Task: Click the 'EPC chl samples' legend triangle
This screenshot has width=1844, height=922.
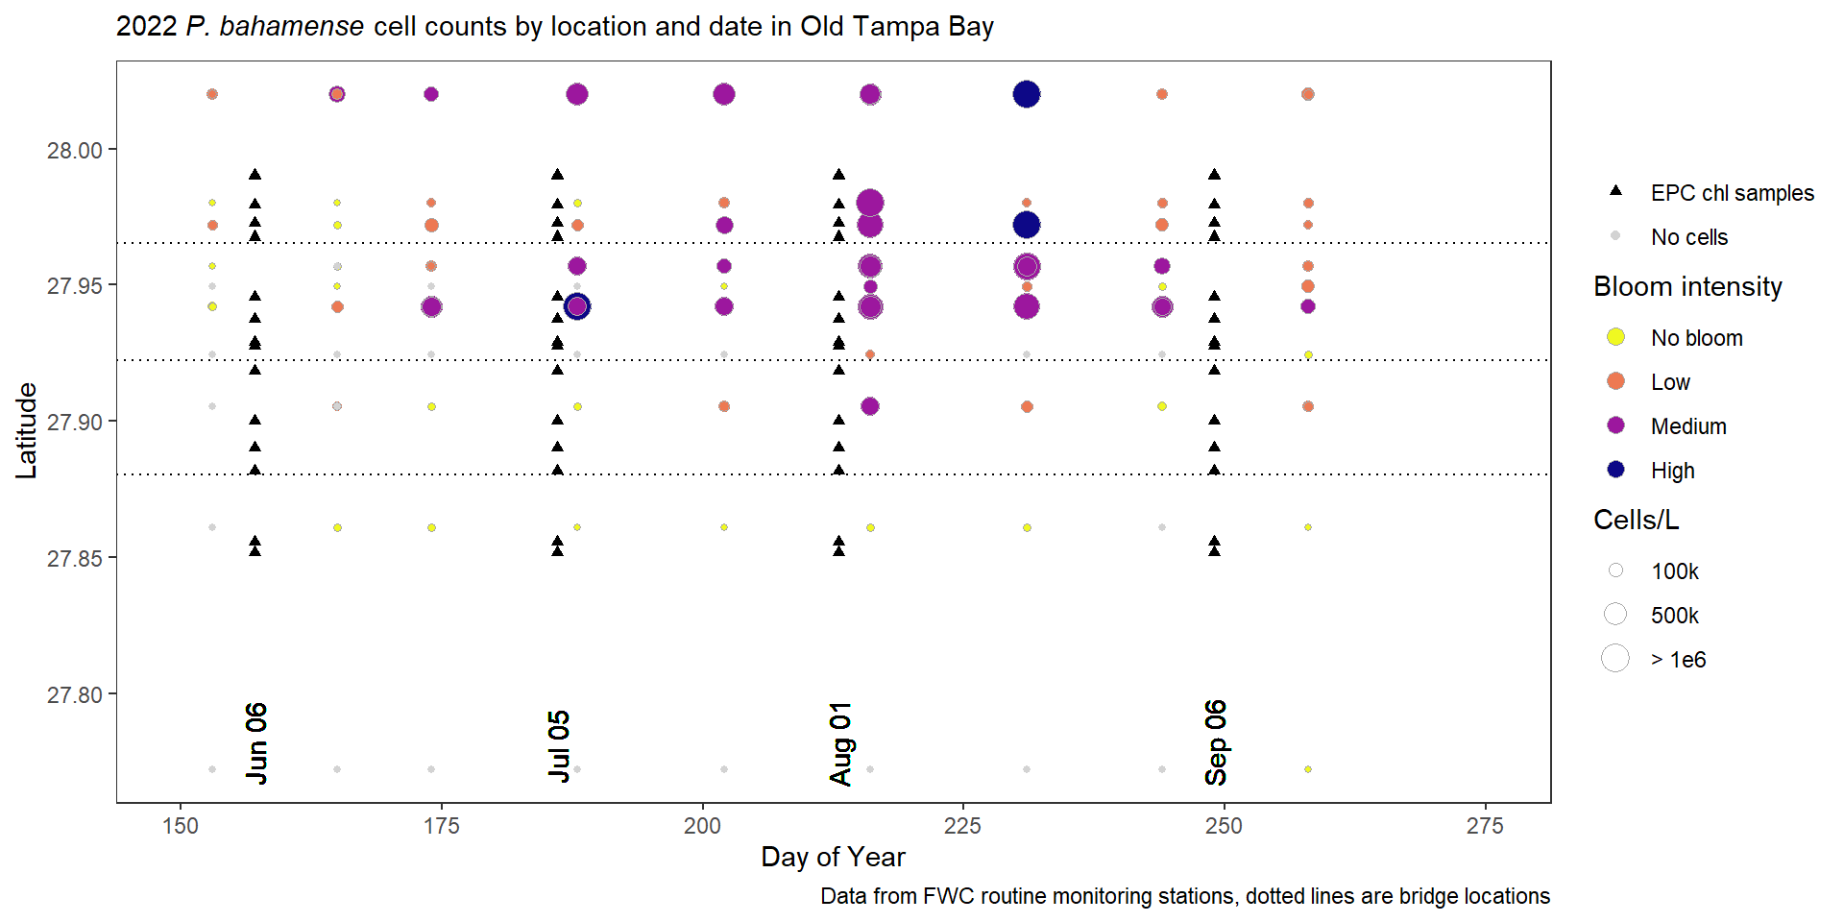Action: click(1615, 191)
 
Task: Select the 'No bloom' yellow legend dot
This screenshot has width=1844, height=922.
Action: click(1615, 337)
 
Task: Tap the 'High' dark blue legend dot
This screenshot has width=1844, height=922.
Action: click(1615, 470)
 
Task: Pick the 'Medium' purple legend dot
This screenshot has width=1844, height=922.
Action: click(1615, 425)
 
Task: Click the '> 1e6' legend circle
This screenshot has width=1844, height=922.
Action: click(1615, 659)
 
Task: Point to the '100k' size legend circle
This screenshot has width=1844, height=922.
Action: click(1615, 570)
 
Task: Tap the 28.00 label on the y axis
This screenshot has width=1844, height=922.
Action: click(75, 151)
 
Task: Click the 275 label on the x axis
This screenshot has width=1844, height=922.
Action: click(1485, 826)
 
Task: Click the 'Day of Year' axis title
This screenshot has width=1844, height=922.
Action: click(833, 857)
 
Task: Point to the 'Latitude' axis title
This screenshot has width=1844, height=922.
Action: click(27, 430)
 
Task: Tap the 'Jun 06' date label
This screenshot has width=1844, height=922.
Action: click(256, 742)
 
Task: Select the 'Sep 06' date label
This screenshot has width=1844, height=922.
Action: click(1216, 742)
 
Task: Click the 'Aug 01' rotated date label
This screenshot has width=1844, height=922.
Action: click(840, 743)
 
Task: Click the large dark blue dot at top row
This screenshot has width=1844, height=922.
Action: click(1027, 94)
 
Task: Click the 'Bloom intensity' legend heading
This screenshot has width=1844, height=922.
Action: click(1687, 286)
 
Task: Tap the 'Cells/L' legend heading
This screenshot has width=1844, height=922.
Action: click(1636, 520)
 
